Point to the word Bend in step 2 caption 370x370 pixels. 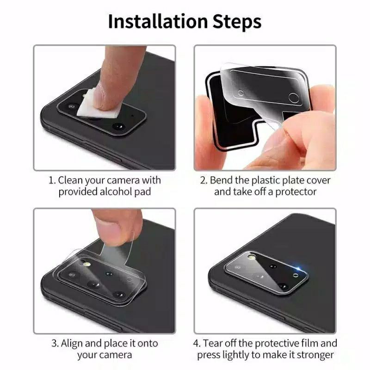tap(221, 180)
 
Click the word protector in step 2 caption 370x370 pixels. tap(296, 191)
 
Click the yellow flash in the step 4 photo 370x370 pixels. tap(252, 256)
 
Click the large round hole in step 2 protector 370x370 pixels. tap(294, 98)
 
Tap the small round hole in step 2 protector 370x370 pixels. tap(240, 93)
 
